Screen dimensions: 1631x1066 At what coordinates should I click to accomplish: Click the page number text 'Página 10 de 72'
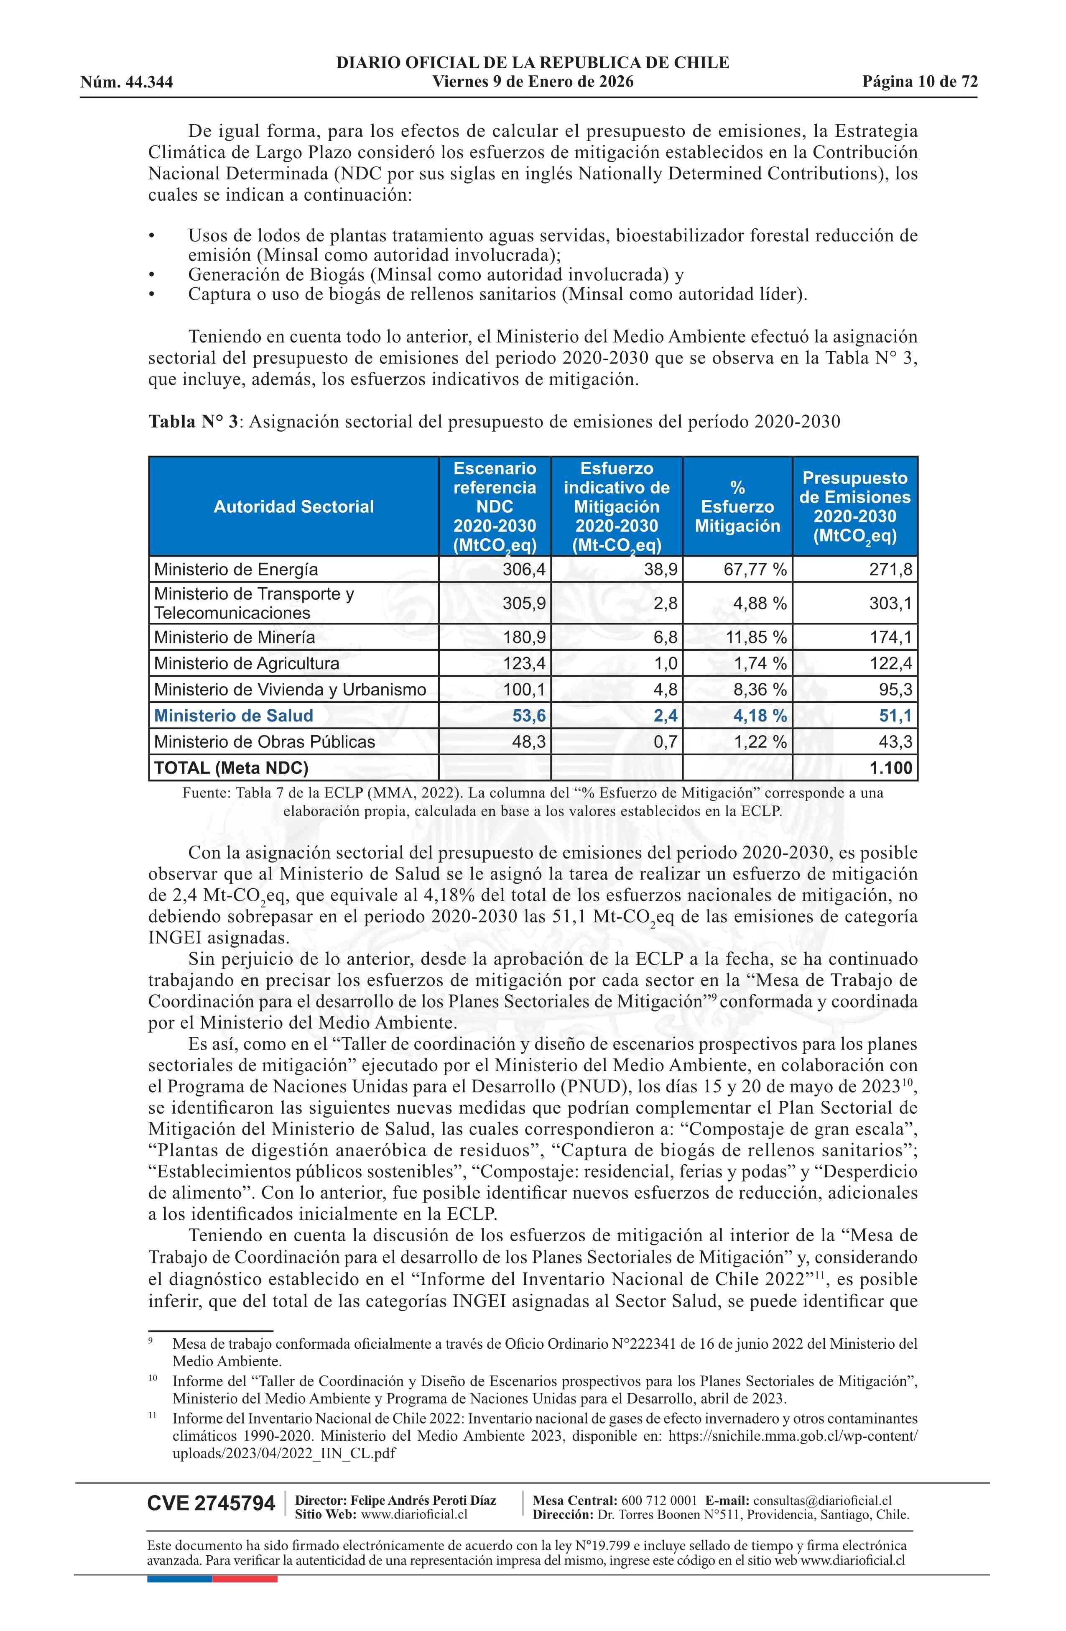pyautogui.click(x=919, y=82)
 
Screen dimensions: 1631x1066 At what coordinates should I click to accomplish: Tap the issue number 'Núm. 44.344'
pyautogui.click(x=127, y=83)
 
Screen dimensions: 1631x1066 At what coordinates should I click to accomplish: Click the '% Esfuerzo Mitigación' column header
pyautogui.click(x=737, y=506)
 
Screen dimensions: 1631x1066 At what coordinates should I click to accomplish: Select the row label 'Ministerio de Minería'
pyautogui.click(x=234, y=637)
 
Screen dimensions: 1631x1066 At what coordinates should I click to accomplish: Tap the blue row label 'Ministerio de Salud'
pyautogui.click(x=234, y=716)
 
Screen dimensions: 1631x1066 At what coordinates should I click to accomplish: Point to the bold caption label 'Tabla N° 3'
pyautogui.click(x=193, y=422)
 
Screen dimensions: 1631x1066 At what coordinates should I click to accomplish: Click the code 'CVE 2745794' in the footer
pyautogui.click(x=211, y=1503)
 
